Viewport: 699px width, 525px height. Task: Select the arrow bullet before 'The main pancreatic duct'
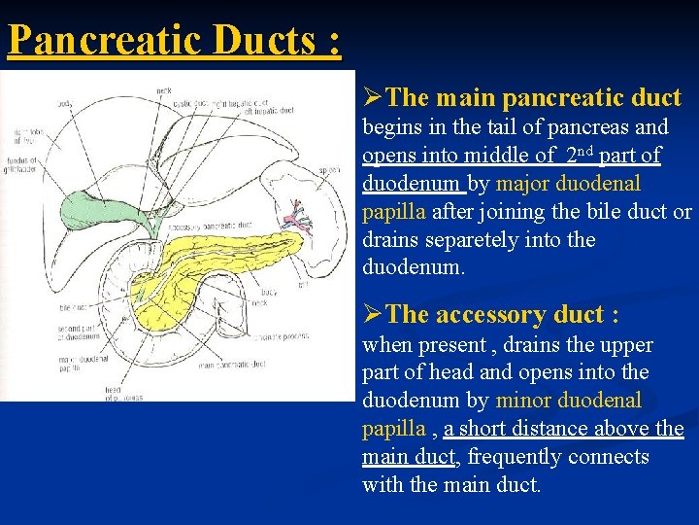[x=373, y=97]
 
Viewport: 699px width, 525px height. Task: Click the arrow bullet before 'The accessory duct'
[x=373, y=314]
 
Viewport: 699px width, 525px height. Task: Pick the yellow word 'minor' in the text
[x=524, y=401]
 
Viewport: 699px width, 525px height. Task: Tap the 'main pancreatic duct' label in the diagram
[x=233, y=365]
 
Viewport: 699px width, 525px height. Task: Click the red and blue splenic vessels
[x=296, y=220]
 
